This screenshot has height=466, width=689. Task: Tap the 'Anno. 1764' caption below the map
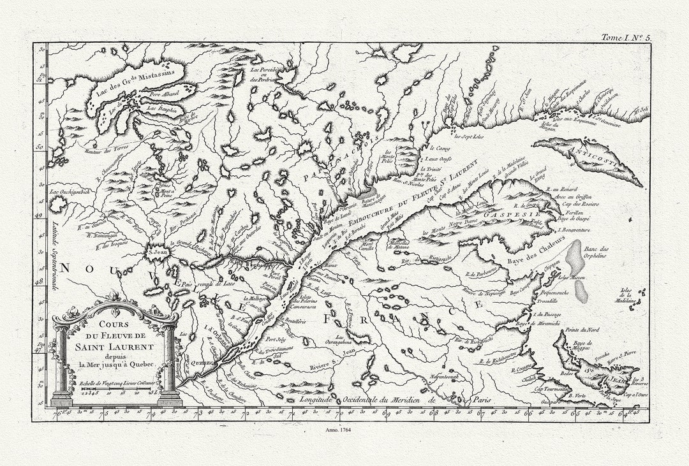pyautogui.click(x=344, y=431)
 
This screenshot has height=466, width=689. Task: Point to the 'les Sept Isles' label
pyautogui.click(x=468, y=136)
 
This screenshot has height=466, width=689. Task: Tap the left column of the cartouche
pyautogui.click(x=63, y=363)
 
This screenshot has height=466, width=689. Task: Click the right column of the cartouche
pyautogui.click(x=169, y=363)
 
